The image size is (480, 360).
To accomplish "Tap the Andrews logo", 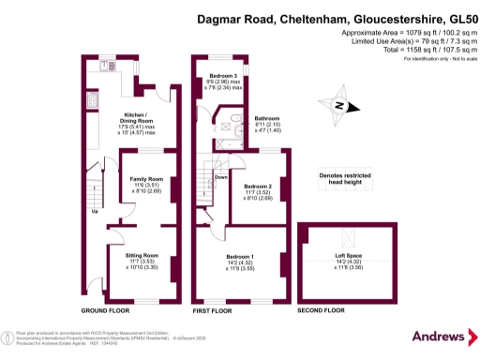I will pyautogui.click(x=437, y=336).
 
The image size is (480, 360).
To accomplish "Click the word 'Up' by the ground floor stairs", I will pyautogui.click(x=94, y=211).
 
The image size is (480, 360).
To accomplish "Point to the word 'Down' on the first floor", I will pyautogui.click(x=220, y=176).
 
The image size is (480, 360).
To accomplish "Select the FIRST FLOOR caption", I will pyautogui.click(x=213, y=309).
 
